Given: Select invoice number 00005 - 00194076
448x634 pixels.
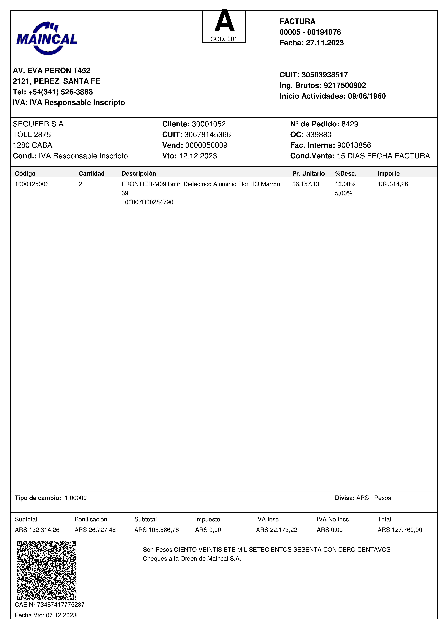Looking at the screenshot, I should (x=310, y=32).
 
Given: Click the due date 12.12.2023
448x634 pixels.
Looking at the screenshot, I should (x=198, y=156).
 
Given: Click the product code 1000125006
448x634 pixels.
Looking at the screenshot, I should (x=32, y=184).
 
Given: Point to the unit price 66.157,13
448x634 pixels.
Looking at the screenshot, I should (x=306, y=184).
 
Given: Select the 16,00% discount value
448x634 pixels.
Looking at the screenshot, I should (x=345, y=184).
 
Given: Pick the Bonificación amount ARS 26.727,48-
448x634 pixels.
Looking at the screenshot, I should (x=96, y=530).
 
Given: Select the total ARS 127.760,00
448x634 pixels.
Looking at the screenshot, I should (x=400, y=530).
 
